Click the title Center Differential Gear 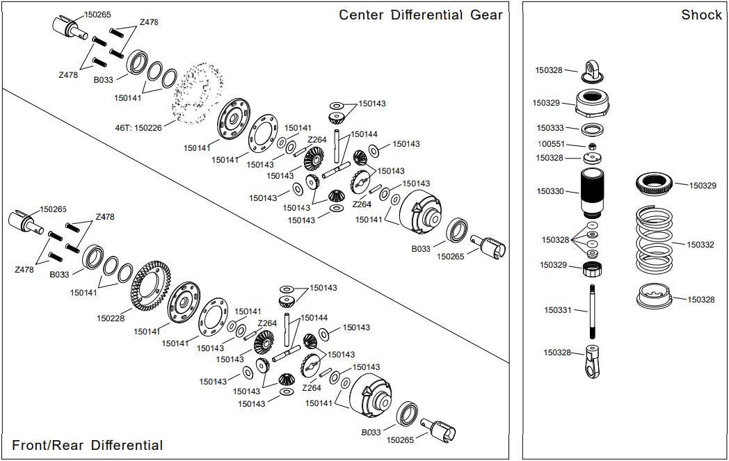(x=420, y=15)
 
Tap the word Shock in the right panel (x=701, y=15)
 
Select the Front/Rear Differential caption (x=88, y=446)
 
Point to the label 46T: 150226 (x=138, y=128)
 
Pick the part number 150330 (x=550, y=191)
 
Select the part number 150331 (x=558, y=310)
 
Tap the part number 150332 (x=700, y=245)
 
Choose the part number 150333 (x=550, y=128)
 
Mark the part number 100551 (x=550, y=145)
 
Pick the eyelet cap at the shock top (x=593, y=69)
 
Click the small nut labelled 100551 (x=592, y=146)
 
